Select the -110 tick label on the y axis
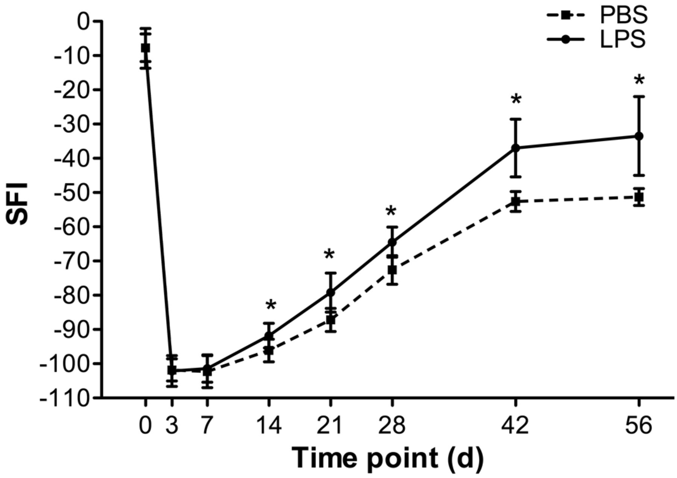65,397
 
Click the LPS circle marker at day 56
639,136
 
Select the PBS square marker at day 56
639,197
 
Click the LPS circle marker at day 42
516,148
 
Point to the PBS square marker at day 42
516,202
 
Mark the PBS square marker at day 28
392,270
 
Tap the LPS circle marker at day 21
330,292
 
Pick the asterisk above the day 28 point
391,211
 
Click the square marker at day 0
145,48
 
